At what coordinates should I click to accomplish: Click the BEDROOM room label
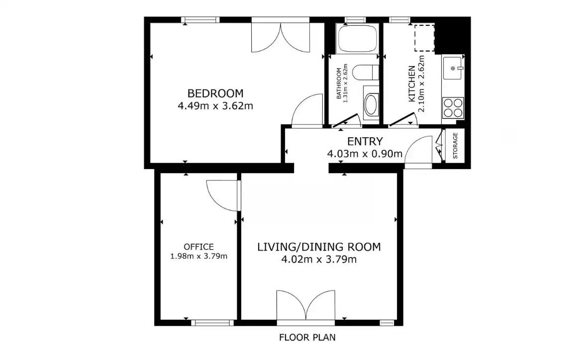tap(215, 93)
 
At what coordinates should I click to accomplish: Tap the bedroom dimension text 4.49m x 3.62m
tap(215, 106)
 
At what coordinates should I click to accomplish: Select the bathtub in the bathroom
tap(357, 38)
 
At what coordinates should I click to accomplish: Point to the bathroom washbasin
tap(371, 105)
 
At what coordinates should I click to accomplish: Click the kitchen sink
tap(453, 68)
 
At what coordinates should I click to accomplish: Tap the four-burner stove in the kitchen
tap(453, 108)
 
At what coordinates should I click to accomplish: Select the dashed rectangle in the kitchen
tap(424, 38)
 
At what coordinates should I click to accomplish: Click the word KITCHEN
tap(412, 84)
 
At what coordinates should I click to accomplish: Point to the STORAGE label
tap(455, 146)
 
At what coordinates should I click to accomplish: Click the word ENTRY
tap(365, 141)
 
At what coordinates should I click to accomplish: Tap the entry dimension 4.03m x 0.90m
tap(365, 154)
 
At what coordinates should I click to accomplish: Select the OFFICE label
tap(199, 247)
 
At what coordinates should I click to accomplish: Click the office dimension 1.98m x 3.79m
tap(199, 256)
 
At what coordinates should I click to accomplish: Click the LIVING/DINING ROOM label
tap(319, 247)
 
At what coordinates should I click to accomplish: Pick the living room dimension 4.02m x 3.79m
tap(319, 260)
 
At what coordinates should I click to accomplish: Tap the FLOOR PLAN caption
tap(307, 337)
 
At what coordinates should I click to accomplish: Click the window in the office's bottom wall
tap(212, 323)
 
